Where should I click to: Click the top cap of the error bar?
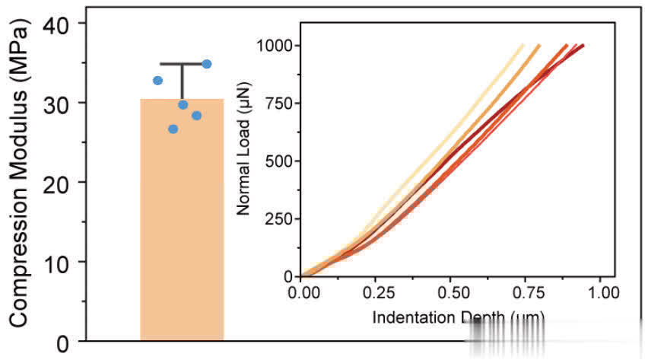click(x=182, y=65)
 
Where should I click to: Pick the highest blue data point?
click(x=206, y=64)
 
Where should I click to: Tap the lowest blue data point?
click(x=173, y=129)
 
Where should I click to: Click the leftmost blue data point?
click(x=157, y=80)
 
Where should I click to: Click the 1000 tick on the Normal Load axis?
click(x=275, y=46)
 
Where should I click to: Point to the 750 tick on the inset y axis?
click(x=278, y=104)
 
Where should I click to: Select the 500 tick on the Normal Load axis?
click(x=278, y=161)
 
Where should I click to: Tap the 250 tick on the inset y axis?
click(x=278, y=219)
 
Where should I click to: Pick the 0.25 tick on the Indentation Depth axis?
click(x=376, y=292)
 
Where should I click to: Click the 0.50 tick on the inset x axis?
click(x=452, y=292)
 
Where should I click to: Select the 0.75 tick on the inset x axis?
click(x=526, y=292)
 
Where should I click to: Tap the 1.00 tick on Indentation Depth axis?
click(x=601, y=292)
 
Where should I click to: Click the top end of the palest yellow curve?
click(x=523, y=46)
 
